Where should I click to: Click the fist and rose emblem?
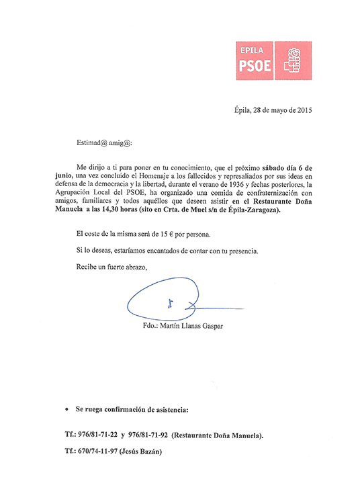pos(292,60)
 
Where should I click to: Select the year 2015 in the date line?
pos(304,110)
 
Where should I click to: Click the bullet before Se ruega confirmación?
pos(66,409)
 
